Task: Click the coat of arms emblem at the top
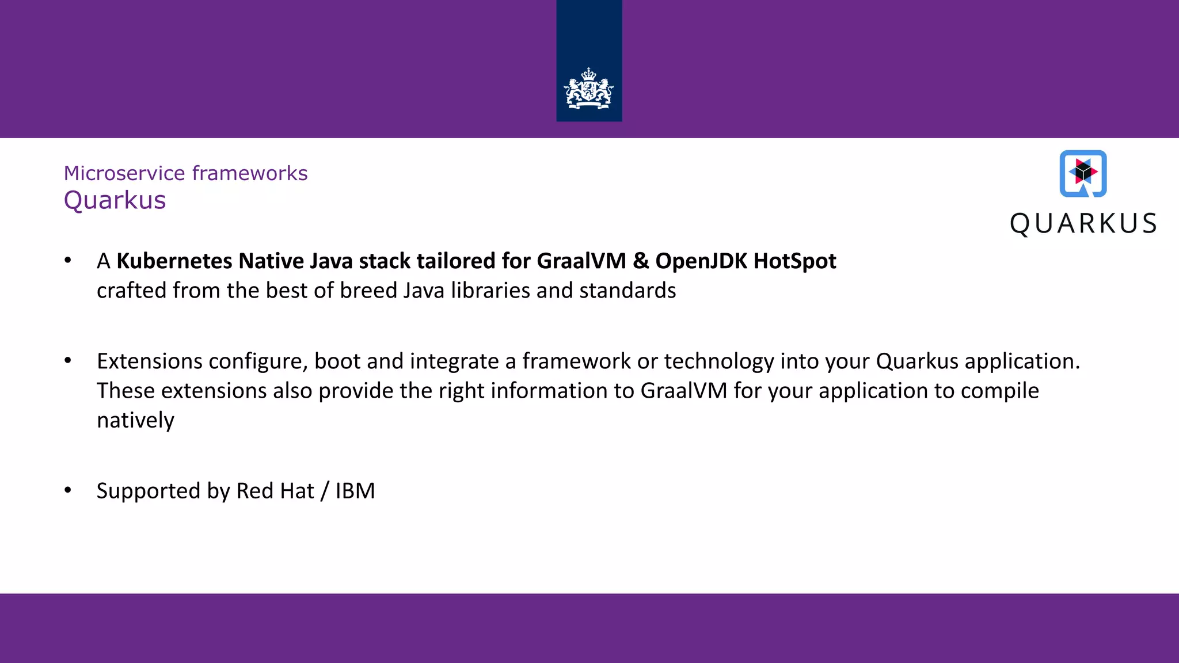click(x=588, y=89)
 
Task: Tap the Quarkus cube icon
click(x=1083, y=173)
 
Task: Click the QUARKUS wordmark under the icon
click(x=1083, y=224)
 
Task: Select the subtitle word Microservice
click(x=124, y=173)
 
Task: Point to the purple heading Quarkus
click(x=115, y=200)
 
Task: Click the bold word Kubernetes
click(x=174, y=261)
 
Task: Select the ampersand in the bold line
click(x=640, y=261)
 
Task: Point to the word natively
click(x=135, y=421)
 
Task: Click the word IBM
click(x=355, y=491)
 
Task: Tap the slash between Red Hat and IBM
click(x=325, y=491)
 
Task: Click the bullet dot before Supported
click(x=68, y=490)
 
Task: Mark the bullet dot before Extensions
click(x=68, y=361)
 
